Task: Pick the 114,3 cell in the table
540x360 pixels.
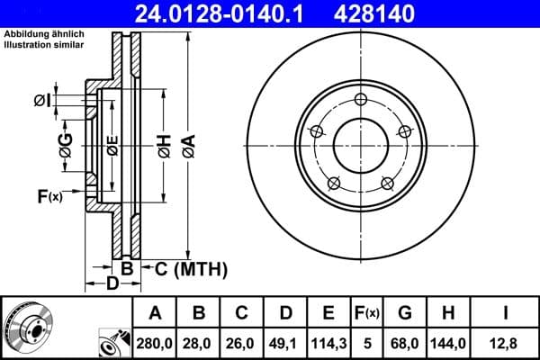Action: [x=328, y=343]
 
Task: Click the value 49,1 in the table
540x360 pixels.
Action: [x=285, y=343]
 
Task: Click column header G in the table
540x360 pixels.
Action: [x=404, y=313]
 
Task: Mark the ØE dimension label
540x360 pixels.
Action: [x=112, y=144]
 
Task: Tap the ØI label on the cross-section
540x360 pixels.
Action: [x=41, y=100]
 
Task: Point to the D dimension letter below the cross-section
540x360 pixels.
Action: [x=112, y=285]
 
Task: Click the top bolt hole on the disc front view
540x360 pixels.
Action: [x=360, y=99]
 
